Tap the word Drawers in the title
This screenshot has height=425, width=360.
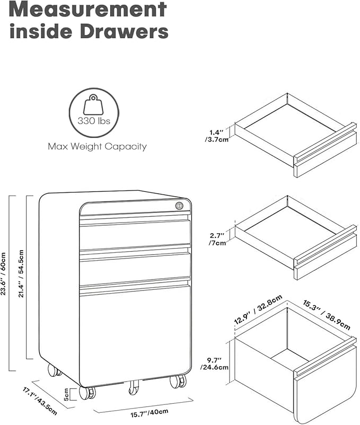[124, 31]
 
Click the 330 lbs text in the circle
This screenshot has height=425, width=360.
[94, 121]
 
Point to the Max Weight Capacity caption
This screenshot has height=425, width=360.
[98, 146]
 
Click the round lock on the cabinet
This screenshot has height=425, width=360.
[179, 206]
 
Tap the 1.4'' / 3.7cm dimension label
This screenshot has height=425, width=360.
[217, 136]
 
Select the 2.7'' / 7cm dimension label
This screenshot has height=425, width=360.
[217, 239]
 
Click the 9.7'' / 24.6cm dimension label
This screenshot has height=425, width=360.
[214, 364]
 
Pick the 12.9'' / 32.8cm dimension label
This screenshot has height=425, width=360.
[258, 310]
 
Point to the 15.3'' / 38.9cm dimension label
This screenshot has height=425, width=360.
[327, 315]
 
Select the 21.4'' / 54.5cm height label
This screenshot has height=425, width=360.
[21, 273]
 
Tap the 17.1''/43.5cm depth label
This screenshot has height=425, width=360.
[40, 402]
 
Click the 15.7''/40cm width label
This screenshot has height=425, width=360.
[150, 413]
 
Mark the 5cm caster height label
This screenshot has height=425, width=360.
[66, 394]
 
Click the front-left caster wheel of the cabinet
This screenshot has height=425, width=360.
[87, 393]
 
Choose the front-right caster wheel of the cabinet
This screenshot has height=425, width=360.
[178, 381]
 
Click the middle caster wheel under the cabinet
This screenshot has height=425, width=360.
[133, 387]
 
